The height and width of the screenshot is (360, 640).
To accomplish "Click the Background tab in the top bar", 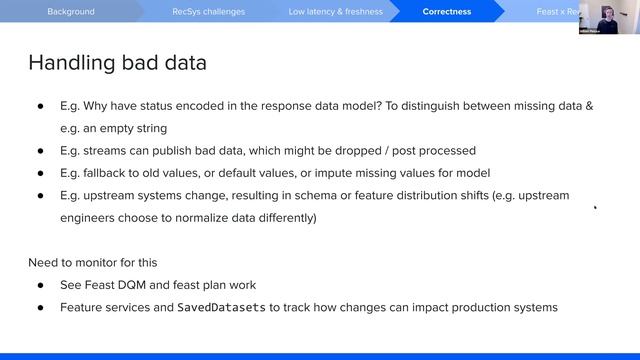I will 70,12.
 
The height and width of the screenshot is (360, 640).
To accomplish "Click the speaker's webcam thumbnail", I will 608,17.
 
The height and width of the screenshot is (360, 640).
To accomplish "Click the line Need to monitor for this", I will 92,263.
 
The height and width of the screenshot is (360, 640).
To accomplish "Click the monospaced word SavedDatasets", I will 222,308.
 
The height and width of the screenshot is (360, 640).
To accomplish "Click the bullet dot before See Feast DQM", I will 41,285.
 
